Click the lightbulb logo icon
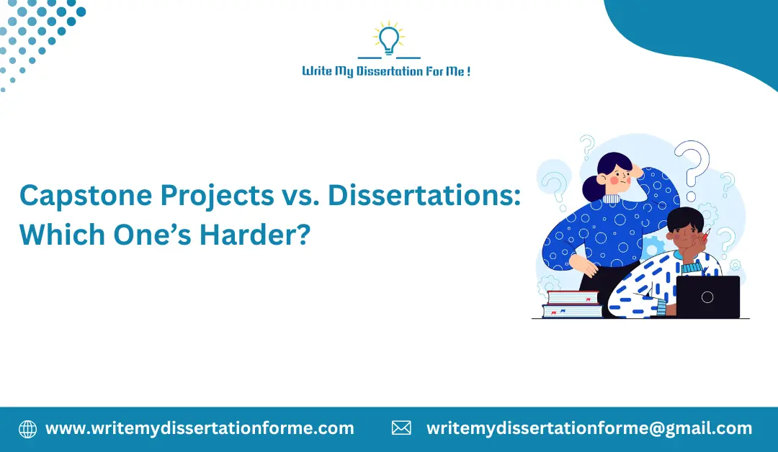pos(389,40)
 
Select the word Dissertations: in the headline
pos(424,196)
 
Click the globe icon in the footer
pos(27,429)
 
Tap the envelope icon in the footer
pos(401,429)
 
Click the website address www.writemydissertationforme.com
pos(200,429)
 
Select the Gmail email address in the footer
pos(589,429)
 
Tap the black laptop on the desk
pos(707,297)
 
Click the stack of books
pos(572,304)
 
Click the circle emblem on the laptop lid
pos(707,297)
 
